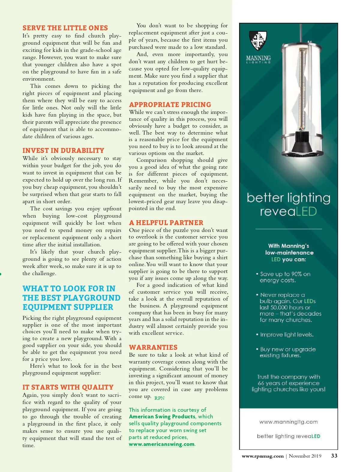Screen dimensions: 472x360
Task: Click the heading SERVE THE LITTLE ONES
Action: tap(65, 28)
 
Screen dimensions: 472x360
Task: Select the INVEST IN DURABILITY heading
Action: tap(63, 150)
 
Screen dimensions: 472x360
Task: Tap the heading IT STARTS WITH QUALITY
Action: tap(68, 387)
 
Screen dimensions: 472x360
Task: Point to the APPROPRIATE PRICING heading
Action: tap(170, 105)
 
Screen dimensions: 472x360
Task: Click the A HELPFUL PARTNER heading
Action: tap(166, 223)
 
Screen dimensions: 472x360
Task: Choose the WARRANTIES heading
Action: tap(153, 347)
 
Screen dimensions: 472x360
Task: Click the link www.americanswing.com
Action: tap(162, 444)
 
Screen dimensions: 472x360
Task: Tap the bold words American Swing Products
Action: tap(162, 417)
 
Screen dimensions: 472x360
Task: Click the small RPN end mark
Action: tap(159, 398)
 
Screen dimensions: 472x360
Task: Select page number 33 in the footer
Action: tap(334, 456)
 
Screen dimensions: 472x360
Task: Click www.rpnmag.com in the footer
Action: tap(262, 456)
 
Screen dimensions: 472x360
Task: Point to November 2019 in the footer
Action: tap(305, 456)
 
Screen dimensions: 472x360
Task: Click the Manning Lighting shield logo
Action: tap(258, 41)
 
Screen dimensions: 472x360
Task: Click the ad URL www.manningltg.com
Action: tap(288, 422)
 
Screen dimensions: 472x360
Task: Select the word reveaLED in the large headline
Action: tap(288, 212)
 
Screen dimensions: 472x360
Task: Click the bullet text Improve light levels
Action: tap(287, 334)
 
